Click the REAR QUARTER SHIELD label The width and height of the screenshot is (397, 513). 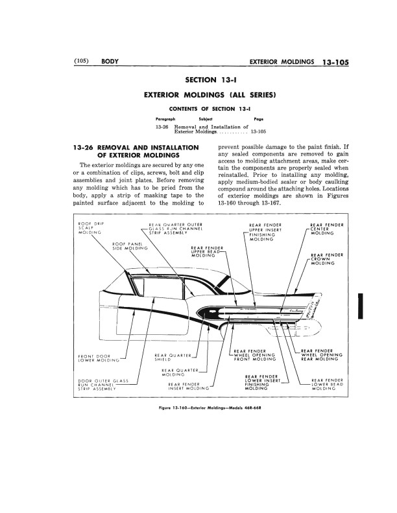[171, 357]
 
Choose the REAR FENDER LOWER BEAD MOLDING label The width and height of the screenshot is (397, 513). [328, 385]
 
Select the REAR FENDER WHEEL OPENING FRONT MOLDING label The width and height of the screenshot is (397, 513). [254, 354]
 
